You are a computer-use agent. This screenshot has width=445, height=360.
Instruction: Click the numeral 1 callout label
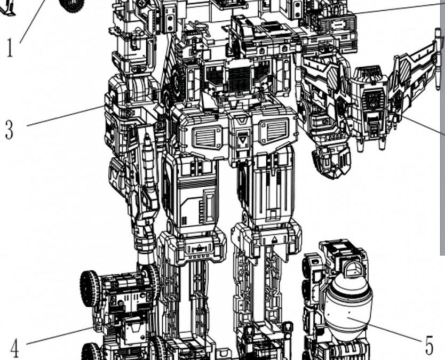(x=9, y=48)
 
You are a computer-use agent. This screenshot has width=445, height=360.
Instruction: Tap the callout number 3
(x=9, y=130)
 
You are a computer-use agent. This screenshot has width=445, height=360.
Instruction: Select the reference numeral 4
(x=14, y=349)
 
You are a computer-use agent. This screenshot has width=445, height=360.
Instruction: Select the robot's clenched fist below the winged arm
(x=331, y=160)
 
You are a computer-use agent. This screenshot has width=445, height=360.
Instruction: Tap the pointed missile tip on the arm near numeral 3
(x=147, y=140)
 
